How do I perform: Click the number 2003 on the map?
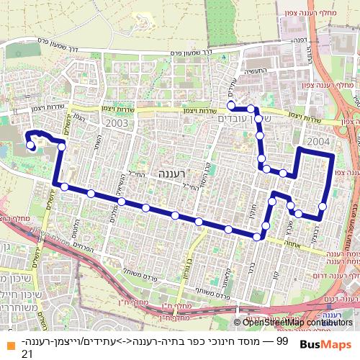click(x=115, y=123)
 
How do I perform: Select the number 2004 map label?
click(x=318, y=141)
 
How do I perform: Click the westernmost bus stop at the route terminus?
click(x=31, y=145)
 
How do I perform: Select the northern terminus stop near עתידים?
click(x=231, y=105)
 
